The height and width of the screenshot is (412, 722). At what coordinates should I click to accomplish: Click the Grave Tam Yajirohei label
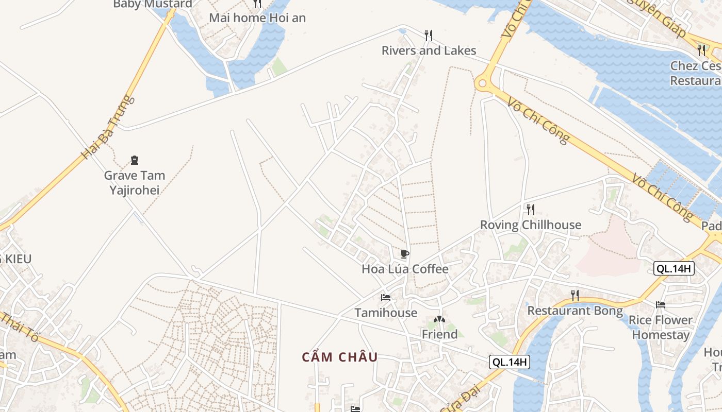click(135, 183)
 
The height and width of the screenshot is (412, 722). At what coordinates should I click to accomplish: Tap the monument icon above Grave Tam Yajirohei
click(135, 160)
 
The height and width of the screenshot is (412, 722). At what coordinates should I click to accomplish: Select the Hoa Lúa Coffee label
click(405, 269)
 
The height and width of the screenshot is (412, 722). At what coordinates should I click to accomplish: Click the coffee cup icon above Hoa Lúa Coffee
click(405, 254)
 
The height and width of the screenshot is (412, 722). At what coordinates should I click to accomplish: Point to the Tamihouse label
click(386, 313)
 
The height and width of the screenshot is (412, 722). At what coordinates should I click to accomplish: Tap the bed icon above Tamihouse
click(386, 298)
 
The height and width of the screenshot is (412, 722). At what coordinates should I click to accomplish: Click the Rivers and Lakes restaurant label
click(429, 50)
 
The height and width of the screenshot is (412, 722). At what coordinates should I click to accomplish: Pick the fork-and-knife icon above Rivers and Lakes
click(429, 35)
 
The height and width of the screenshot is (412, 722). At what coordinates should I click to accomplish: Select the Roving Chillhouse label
click(531, 225)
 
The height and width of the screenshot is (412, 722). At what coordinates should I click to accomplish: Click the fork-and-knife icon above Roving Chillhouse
click(530, 209)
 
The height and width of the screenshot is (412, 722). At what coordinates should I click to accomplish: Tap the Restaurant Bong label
click(575, 311)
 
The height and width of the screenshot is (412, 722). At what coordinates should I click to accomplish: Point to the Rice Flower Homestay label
click(661, 328)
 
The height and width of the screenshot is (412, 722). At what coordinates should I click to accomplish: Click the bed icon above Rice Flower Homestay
click(661, 305)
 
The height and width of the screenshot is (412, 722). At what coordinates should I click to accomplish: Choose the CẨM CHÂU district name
click(340, 357)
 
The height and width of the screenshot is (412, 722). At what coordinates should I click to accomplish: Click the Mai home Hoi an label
click(257, 18)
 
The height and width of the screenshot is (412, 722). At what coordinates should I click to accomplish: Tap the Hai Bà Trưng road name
click(108, 127)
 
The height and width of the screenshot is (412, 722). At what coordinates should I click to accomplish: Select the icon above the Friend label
click(439, 319)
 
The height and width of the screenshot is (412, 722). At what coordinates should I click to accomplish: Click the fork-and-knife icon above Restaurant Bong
click(575, 295)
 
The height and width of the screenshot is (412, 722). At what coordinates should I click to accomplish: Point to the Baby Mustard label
click(153, 4)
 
